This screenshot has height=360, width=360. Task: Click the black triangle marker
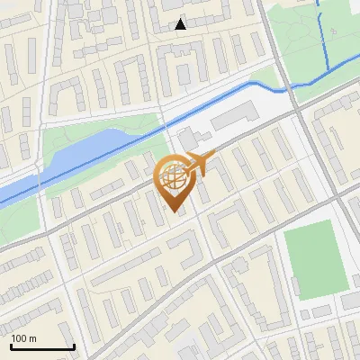point(181,24)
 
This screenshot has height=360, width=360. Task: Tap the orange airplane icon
point(199,164)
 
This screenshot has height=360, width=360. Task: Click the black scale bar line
point(42,347)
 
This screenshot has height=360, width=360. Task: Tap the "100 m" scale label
point(24,338)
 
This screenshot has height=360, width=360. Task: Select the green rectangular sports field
point(314,261)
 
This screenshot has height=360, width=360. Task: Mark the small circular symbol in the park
point(333,32)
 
